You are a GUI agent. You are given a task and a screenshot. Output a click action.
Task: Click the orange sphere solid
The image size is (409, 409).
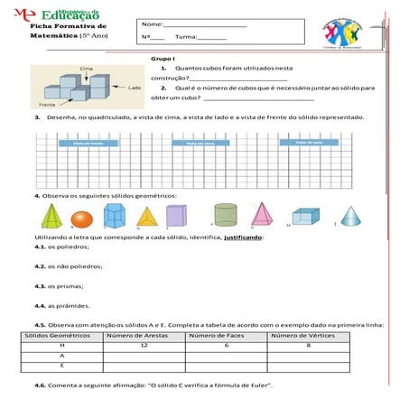pyautogui.click(x=81, y=219)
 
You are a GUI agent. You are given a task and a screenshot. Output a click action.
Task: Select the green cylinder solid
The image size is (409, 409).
pyautogui.click(x=226, y=217)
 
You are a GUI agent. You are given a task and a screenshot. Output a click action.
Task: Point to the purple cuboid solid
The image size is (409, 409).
pyautogui.click(x=177, y=216)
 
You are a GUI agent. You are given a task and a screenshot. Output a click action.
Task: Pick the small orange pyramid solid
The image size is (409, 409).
pyautogui.click(x=146, y=217)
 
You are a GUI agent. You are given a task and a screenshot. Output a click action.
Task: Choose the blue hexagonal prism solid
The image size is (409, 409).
pyautogui.click(x=115, y=216)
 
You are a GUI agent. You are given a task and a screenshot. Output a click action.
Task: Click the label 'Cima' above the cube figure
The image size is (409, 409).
pyautogui.click(x=88, y=69)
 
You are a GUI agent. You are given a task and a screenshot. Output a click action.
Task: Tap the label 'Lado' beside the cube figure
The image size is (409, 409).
pyautogui.click(x=135, y=88)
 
